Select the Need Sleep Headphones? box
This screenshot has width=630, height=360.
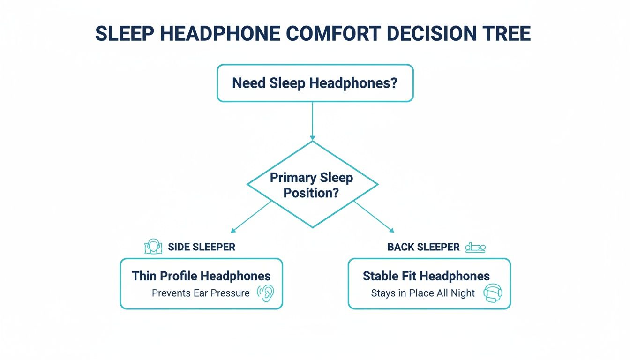point(315,83)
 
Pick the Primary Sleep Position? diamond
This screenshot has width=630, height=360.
point(312,185)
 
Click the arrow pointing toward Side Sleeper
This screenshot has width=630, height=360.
point(251,217)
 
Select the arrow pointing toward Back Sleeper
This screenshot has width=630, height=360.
point(374,217)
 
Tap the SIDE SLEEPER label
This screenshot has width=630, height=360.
point(202,247)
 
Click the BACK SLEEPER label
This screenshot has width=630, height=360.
point(423,247)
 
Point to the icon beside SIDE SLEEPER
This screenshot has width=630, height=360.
point(153,247)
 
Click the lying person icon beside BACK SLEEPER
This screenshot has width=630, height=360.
point(475,247)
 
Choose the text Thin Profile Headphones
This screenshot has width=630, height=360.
point(201,276)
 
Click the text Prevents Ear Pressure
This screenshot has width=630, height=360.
point(201,293)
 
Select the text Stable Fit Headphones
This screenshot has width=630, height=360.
point(426,276)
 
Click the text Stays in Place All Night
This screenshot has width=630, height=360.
point(422,293)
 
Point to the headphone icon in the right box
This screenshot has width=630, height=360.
point(492,293)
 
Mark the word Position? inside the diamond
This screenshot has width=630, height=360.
point(311,193)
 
